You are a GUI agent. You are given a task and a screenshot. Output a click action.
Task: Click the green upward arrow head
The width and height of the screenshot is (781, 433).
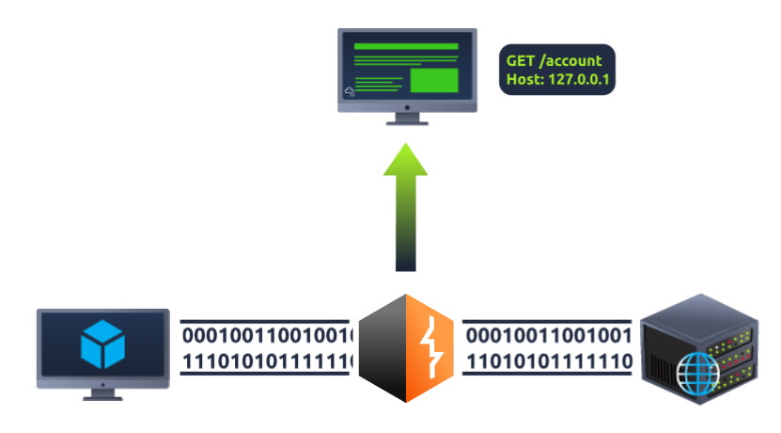pyautogui.click(x=406, y=162)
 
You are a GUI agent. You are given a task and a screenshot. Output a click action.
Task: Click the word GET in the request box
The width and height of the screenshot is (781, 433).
pyautogui.click(x=521, y=61)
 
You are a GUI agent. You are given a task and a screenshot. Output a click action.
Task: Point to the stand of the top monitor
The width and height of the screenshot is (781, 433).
pyautogui.click(x=407, y=118)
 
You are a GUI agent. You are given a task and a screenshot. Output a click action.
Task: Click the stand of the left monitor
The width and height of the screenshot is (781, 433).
pyautogui.click(x=102, y=393)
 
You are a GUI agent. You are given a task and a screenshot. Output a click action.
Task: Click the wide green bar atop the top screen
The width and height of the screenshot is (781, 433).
pyautogui.click(x=406, y=46)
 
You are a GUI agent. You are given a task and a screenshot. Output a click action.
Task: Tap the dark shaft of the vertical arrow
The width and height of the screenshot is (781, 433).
pyautogui.click(x=406, y=245)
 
